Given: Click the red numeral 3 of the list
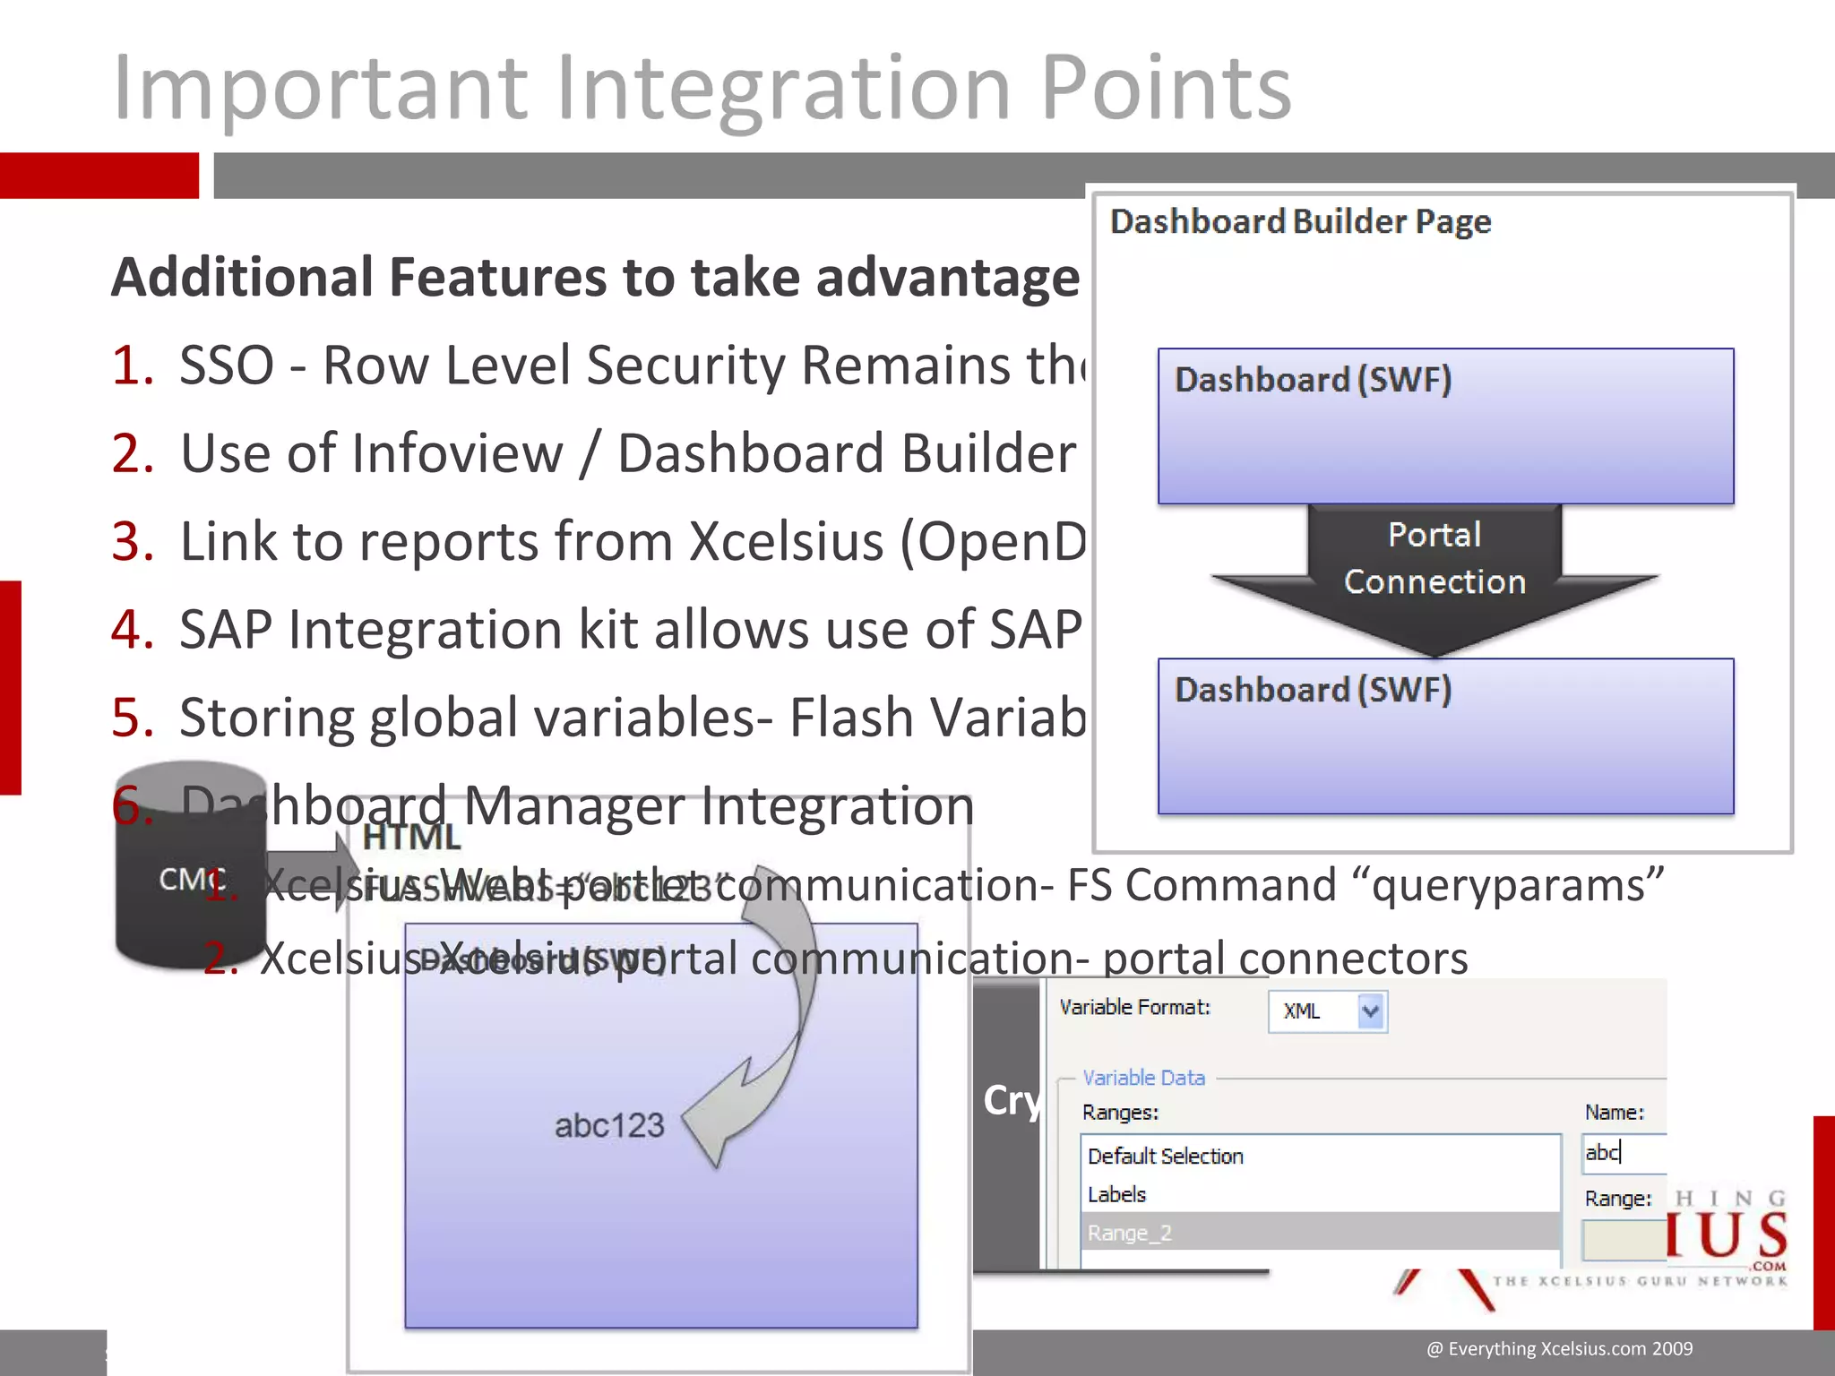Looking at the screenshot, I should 133,541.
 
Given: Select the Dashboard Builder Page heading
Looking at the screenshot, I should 1300,221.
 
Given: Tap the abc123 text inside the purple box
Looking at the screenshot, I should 609,1125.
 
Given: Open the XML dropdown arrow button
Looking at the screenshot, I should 1371,1011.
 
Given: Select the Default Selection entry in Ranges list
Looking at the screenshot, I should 1165,1157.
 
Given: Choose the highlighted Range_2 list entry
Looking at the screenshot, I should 1129,1233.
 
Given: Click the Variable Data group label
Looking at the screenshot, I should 1143,1078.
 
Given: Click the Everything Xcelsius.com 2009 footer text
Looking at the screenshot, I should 1559,1348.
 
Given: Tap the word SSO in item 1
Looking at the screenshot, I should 227,365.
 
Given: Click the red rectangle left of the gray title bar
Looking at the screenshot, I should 99,175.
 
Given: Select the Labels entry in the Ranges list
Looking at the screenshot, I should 1116,1194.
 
